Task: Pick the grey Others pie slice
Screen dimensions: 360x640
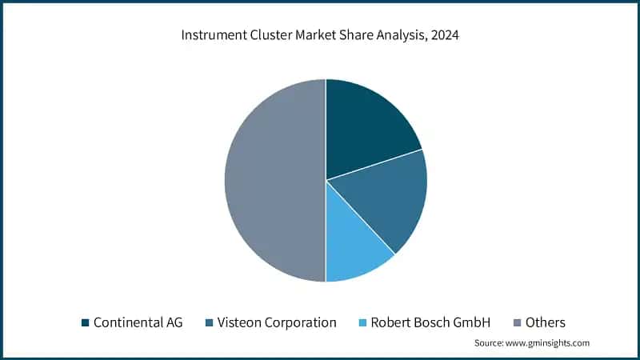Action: tap(272, 180)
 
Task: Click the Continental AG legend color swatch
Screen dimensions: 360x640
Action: tap(85, 323)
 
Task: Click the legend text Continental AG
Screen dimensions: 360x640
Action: tap(138, 323)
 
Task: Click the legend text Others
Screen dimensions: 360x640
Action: tap(546, 323)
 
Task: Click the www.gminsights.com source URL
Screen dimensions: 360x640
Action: tap(548, 343)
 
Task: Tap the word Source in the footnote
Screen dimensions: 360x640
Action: tap(490, 343)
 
